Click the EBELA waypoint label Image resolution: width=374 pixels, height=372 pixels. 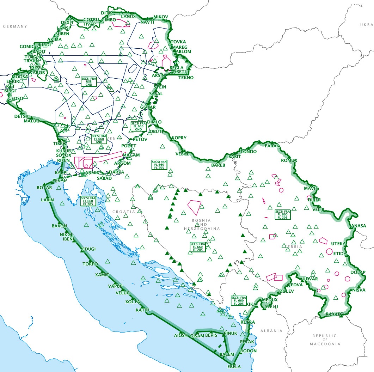234,367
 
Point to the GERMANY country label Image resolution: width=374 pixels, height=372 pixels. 15,26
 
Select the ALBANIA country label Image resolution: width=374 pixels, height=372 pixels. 271,331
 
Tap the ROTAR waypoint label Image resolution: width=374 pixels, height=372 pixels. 44,188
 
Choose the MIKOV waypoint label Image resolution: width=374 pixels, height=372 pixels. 161,17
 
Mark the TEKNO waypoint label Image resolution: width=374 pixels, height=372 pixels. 186,78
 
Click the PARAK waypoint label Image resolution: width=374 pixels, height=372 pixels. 272,146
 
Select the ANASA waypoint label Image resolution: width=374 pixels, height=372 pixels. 359,226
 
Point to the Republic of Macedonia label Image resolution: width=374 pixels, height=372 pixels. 324,340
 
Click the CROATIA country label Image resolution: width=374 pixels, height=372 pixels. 124,212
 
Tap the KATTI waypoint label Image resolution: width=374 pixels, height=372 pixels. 142,310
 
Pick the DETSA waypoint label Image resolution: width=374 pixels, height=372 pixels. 21,116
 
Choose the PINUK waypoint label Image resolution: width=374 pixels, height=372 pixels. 231,333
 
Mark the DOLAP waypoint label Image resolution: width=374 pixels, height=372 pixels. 358,272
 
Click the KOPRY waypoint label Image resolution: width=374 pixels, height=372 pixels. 179,138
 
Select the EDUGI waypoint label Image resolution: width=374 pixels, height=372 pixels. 88,249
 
